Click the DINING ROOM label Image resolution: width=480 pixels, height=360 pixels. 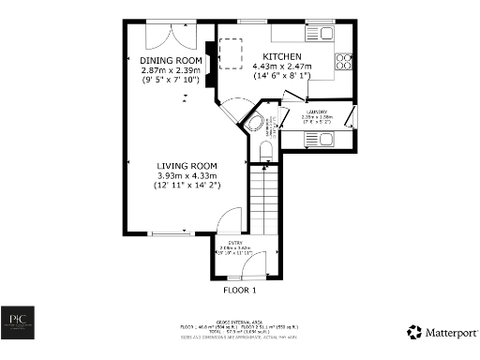[172, 60]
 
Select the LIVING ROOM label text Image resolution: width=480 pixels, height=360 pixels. [186, 165]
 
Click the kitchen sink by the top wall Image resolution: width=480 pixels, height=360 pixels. [326, 33]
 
